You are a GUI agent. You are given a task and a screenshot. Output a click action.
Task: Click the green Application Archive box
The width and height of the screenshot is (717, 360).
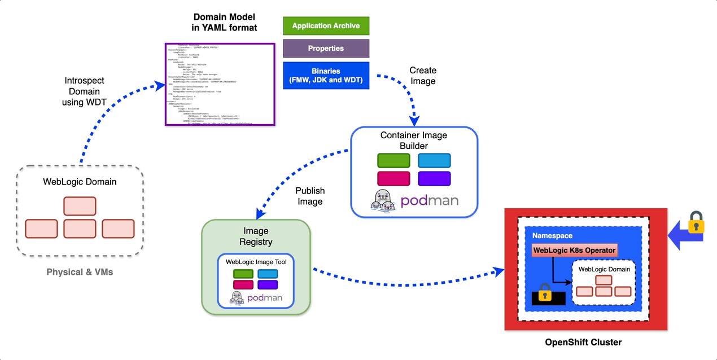click(x=326, y=26)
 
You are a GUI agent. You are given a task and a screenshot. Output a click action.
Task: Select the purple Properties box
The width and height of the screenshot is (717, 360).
click(x=326, y=49)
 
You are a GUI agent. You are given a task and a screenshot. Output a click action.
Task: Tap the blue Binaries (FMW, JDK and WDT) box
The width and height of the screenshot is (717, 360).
click(x=326, y=76)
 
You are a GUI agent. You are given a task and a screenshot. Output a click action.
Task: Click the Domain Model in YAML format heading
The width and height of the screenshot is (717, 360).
click(x=225, y=21)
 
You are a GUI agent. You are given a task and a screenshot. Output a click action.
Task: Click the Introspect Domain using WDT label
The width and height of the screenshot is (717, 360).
click(x=84, y=91)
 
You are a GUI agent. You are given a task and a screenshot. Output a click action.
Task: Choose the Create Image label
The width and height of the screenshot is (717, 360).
click(x=423, y=76)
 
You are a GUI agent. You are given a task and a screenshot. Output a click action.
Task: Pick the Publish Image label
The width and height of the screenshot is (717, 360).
click(x=309, y=196)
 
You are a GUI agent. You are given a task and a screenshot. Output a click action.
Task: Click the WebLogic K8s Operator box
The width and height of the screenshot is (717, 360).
click(x=574, y=250)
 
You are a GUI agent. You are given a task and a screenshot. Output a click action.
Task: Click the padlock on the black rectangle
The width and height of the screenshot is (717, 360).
click(x=545, y=293)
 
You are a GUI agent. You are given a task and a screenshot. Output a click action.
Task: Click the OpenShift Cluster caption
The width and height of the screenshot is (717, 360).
click(x=584, y=342)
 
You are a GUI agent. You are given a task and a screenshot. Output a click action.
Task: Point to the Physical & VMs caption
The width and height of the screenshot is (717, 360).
click(x=80, y=272)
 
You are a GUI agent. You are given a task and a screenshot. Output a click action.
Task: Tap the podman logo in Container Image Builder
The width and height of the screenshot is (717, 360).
click(x=415, y=199)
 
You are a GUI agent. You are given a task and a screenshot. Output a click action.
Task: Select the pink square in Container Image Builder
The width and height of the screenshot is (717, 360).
click(x=394, y=178)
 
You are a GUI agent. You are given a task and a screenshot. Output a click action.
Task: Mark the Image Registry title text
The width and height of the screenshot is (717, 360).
click(x=256, y=236)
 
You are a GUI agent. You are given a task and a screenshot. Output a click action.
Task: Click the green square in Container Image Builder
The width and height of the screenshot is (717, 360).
click(x=394, y=160)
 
